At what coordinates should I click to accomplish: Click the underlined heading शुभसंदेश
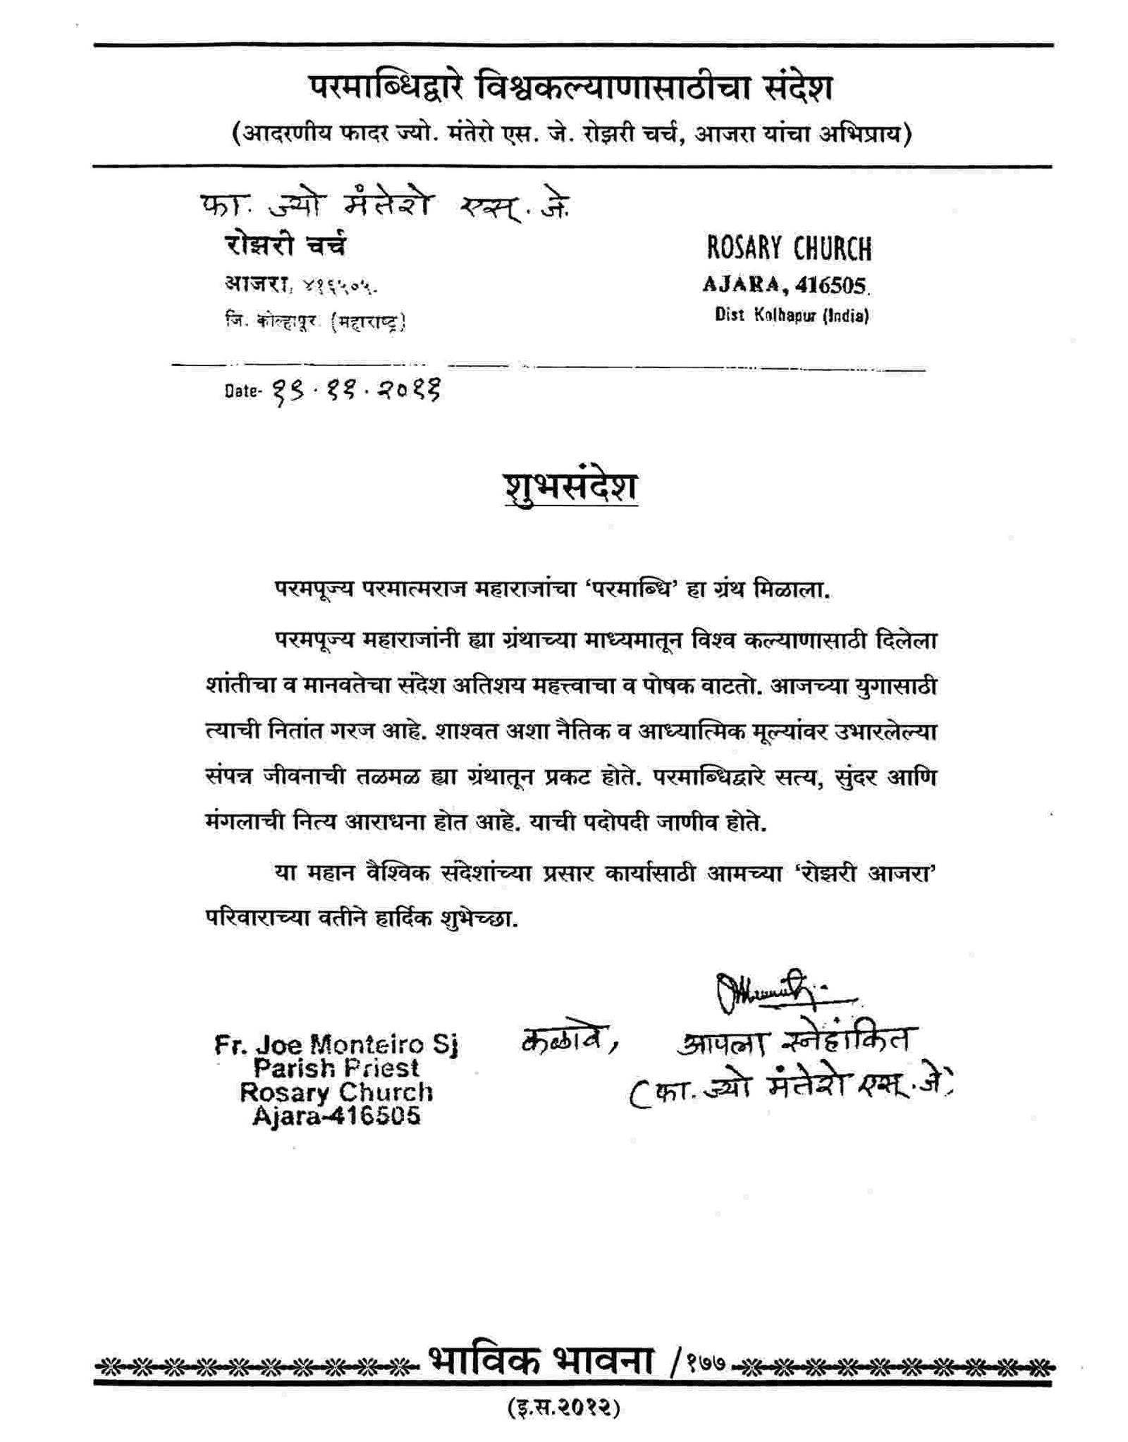click(x=570, y=488)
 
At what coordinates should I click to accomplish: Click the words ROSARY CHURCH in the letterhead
click(x=788, y=248)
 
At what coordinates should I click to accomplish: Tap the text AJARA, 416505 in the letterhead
click(x=785, y=285)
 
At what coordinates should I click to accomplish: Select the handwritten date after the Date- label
click(x=353, y=389)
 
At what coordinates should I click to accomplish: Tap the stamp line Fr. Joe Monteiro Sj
click(x=336, y=1044)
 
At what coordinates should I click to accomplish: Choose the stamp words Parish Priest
click(x=336, y=1068)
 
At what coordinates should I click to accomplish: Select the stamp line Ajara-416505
click(x=336, y=1116)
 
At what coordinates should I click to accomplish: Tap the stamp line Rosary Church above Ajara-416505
click(x=336, y=1092)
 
